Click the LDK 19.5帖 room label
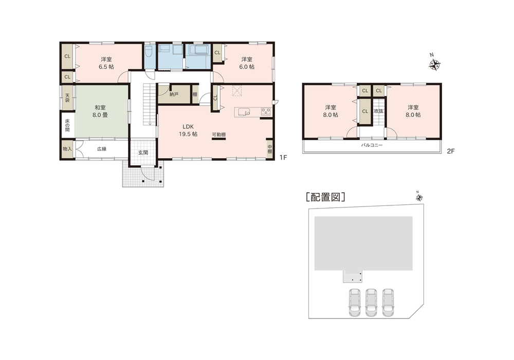[188, 130]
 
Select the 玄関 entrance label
[143, 153]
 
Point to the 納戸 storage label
[174, 94]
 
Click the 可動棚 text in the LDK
[218, 135]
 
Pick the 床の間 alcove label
[67, 125]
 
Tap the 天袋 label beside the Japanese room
[67, 98]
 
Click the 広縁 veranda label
[102, 149]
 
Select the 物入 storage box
[67, 149]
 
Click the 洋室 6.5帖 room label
[106, 63]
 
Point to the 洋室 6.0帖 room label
[247, 63]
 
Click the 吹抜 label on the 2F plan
[379, 111]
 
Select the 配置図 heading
[325, 197]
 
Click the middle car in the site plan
[371, 302]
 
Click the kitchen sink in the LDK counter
[244, 112]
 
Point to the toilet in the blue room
[149, 52]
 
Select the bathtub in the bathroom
[198, 50]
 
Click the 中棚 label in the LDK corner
[269, 149]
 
